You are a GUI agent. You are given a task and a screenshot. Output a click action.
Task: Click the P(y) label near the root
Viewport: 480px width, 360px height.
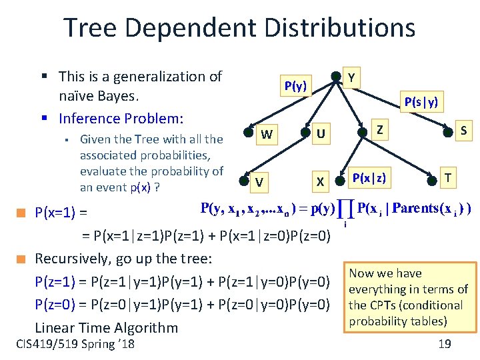pyautogui.click(x=295, y=86)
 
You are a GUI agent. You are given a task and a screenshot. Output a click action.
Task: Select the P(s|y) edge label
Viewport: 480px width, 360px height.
pyautogui.click(x=421, y=101)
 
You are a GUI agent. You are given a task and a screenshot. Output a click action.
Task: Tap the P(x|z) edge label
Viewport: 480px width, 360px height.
pyautogui.click(x=369, y=177)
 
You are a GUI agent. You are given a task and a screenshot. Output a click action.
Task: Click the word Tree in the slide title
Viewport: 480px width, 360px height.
pyautogui.click(x=92, y=28)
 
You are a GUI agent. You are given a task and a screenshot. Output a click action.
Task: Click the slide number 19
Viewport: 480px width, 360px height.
pyautogui.click(x=445, y=344)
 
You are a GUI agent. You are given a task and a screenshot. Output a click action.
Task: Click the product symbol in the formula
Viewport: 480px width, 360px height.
pyautogui.click(x=346, y=209)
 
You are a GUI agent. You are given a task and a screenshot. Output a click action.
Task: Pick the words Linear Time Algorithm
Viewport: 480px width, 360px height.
pyautogui.click(x=106, y=327)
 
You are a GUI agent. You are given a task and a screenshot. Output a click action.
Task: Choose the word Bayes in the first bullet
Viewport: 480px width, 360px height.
pyautogui.click(x=119, y=97)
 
